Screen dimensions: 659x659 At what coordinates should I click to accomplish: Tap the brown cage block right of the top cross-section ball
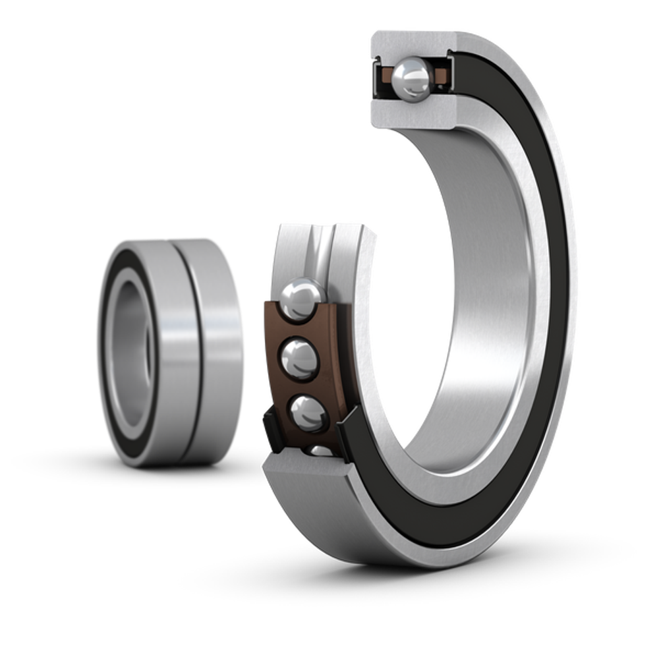(441, 77)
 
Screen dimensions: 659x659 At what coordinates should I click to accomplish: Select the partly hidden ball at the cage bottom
(320, 450)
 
